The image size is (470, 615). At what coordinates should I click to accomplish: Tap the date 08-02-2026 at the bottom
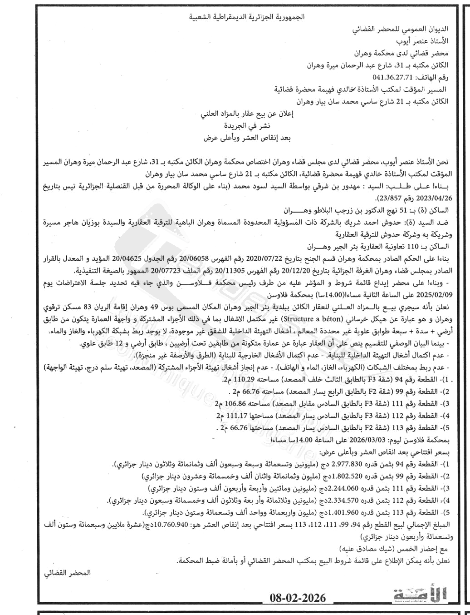coord(297,598)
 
